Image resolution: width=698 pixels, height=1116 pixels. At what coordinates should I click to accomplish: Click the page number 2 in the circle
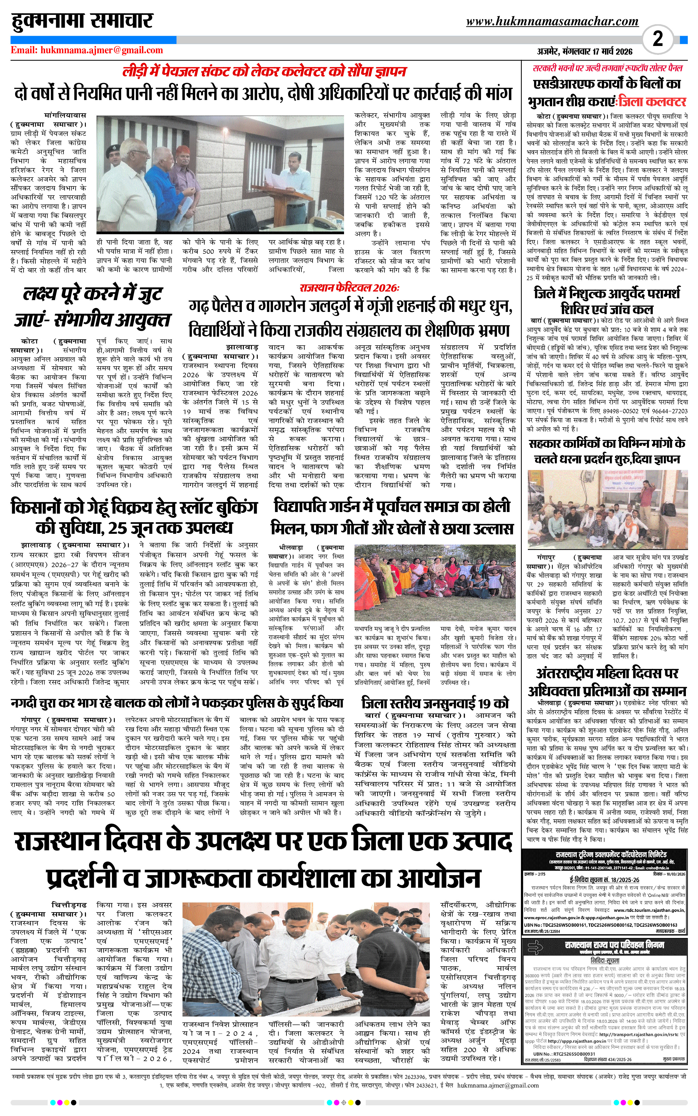658,39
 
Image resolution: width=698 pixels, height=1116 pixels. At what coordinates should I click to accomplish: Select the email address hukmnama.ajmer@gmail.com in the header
87,50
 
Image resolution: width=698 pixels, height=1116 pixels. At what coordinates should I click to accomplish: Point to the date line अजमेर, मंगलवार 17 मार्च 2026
584,51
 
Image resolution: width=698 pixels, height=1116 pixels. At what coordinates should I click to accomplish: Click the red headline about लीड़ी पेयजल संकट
264,72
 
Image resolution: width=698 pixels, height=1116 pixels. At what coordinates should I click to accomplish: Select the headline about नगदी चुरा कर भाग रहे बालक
177,703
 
